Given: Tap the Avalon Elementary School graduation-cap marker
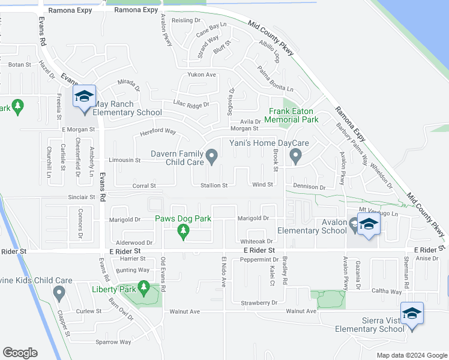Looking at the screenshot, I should coord(369,225).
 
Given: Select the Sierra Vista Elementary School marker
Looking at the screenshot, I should coord(412,314).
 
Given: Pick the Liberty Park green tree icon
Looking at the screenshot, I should coord(143,289).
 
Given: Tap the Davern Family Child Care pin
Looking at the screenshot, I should coord(211,157).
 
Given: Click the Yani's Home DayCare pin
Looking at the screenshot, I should coord(295,156).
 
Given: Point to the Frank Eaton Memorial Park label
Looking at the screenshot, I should coord(293,115).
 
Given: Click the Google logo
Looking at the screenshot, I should coord(20,353).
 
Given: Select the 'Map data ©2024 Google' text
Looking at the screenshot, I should coord(411,355).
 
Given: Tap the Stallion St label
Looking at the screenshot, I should coord(214,185).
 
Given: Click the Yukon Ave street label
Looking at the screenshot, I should coord(201,74).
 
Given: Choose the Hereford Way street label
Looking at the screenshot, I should coord(157,131).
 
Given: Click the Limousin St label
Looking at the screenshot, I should coord(124,160).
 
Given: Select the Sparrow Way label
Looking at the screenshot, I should coord(113,342).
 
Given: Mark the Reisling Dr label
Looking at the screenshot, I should coord(185,20).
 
